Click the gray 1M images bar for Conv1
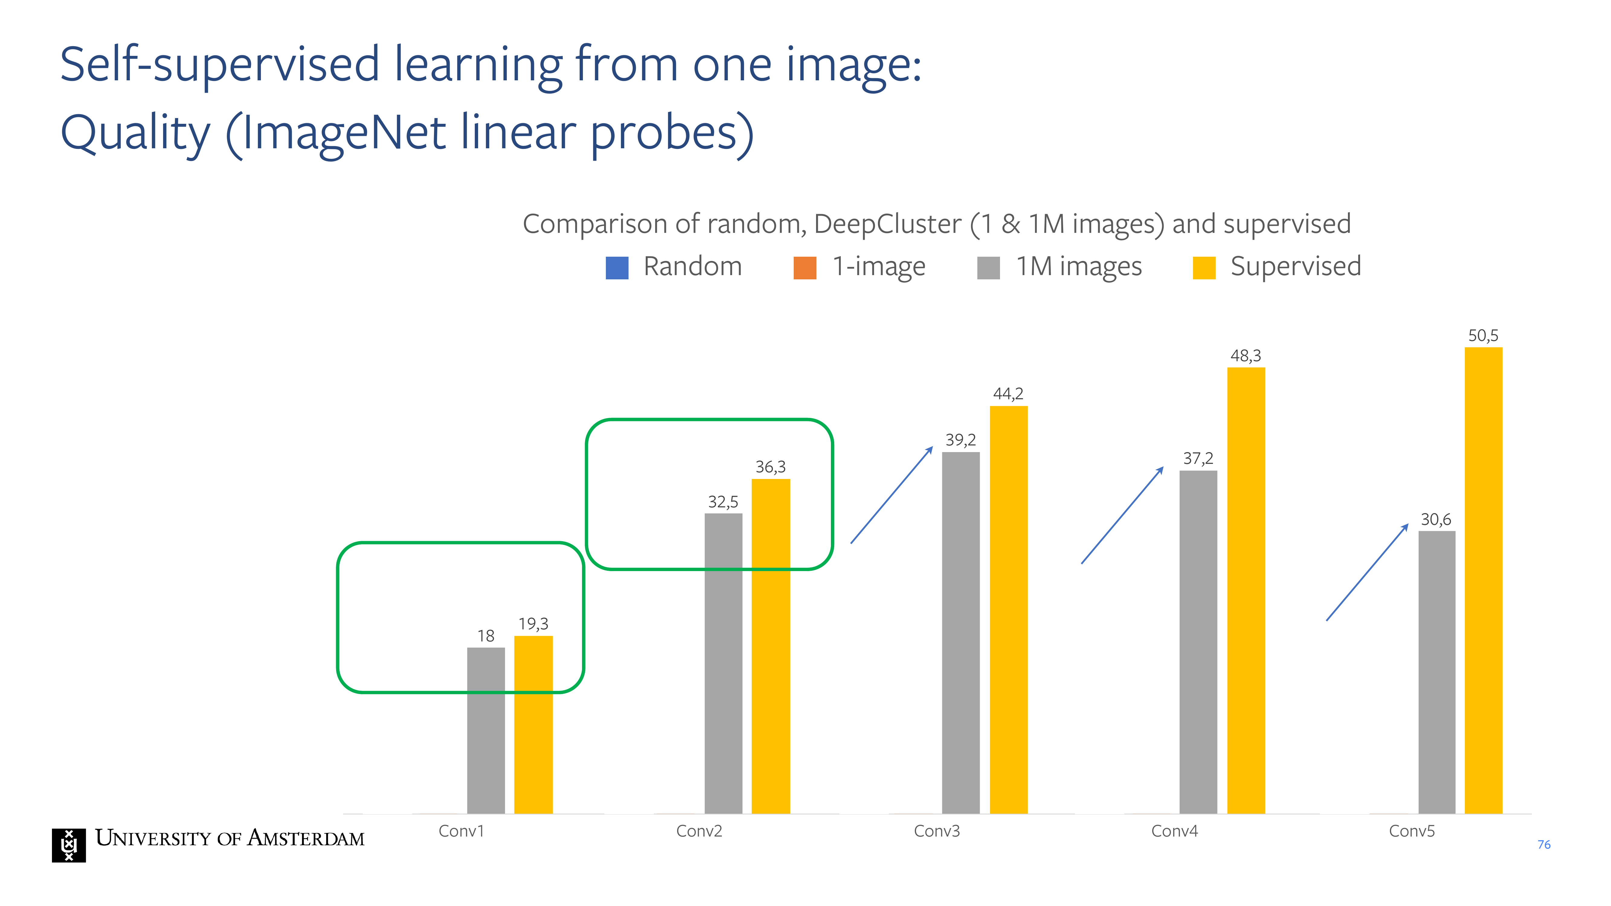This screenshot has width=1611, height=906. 486,730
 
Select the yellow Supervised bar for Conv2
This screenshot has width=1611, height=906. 770,646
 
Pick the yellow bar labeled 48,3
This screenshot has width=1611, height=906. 1246,590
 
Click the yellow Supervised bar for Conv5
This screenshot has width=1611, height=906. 1484,580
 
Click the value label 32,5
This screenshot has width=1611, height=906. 723,502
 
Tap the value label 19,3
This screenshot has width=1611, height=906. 533,624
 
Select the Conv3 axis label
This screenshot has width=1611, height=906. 937,831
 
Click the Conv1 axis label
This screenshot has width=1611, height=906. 461,831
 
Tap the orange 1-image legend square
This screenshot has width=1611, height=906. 805,268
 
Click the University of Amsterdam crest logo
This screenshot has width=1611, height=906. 69,845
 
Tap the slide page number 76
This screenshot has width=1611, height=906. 1544,845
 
